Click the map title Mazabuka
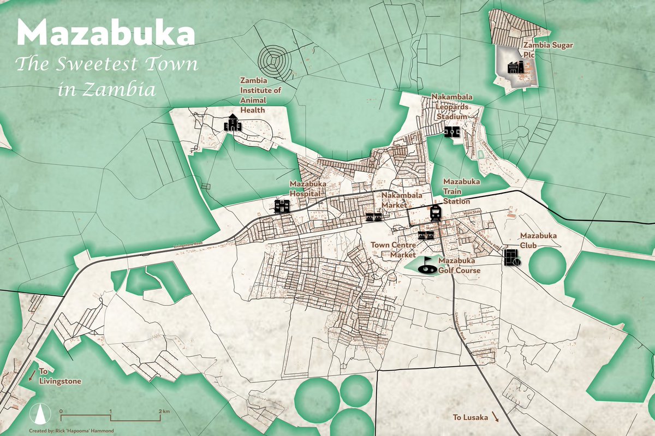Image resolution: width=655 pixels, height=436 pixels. pyautogui.click(x=105, y=34)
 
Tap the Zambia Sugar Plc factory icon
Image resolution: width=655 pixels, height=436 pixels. pyautogui.click(x=516, y=67)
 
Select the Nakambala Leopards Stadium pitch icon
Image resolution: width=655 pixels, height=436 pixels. pyautogui.click(x=451, y=132)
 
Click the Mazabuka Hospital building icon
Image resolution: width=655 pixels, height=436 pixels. pyautogui.click(x=282, y=206)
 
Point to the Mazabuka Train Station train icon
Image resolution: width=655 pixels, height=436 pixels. pyautogui.click(x=436, y=212)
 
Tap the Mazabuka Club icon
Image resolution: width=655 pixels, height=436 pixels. pyautogui.click(x=512, y=256)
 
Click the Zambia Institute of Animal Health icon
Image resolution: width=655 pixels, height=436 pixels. pyautogui.click(x=232, y=123)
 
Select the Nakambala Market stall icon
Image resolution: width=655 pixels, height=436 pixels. pyautogui.click(x=373, y=217)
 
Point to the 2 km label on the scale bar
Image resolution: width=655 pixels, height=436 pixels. pyautogui.click(x=164, y=410)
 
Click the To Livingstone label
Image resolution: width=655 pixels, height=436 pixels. pyautogui.click(x=60, y=376)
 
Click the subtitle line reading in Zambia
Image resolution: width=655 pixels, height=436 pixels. pyautogui.click(x=106, y=89)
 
